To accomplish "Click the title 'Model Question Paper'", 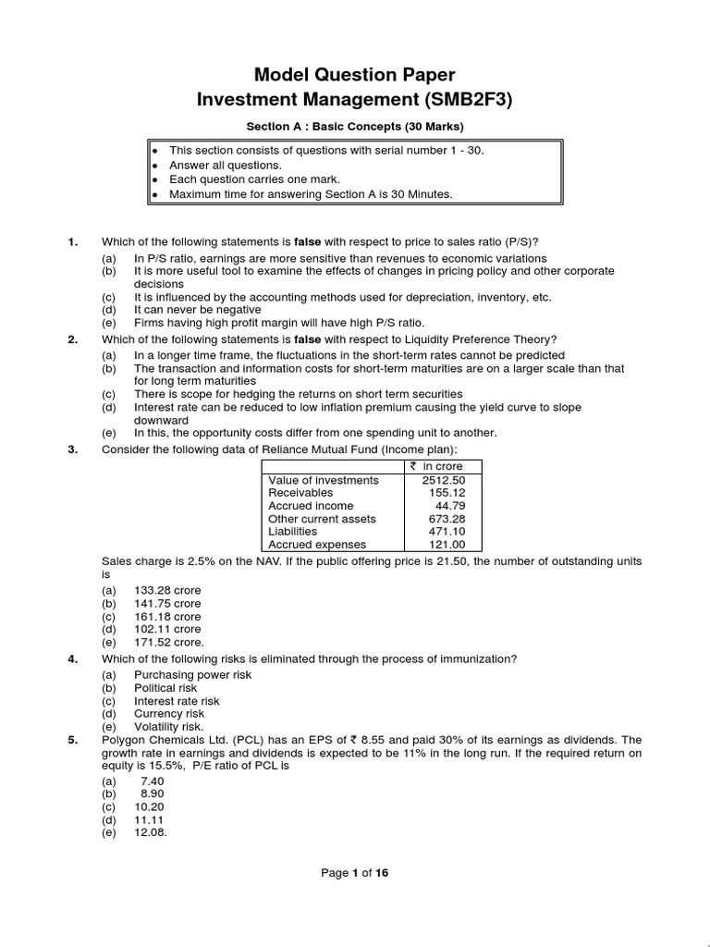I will coord(355,74).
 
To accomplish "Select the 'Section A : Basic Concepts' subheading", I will coord(355,127).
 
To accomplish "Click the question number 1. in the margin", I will coord(73,242).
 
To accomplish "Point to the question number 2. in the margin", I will coord(73,339).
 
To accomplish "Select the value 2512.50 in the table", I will coord(443,480).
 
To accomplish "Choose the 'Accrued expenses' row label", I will coord(317,545).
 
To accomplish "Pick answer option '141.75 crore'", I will coord(167,603).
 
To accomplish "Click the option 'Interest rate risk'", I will coord(177,701).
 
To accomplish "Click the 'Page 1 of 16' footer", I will coord(355,872).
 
